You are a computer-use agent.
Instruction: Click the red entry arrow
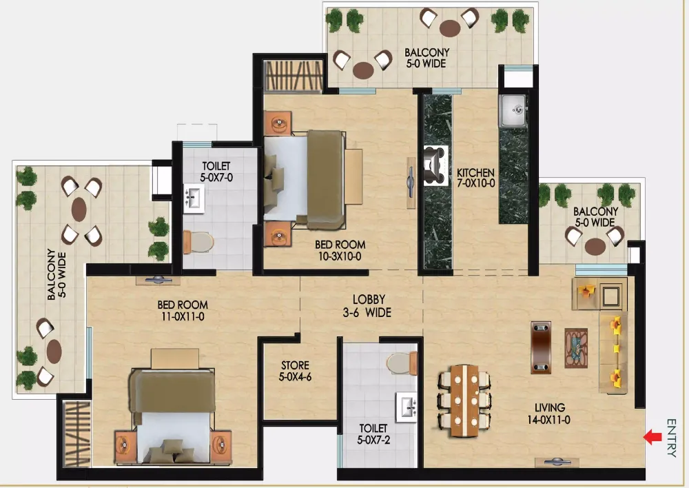pos(652,437)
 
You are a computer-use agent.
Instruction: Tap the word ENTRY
pos(671,438)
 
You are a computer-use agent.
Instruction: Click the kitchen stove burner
pos(436,165)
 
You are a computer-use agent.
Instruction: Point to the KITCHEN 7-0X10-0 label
pos(476,178)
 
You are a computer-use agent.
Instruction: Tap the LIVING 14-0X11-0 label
pos(549,414)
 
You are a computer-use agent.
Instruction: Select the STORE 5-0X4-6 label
pos(296,371)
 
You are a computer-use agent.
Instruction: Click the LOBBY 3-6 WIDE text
pos(368,306)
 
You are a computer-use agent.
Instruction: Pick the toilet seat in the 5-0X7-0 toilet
pos(198,242)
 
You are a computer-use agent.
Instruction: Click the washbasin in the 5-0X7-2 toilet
pos(407,407)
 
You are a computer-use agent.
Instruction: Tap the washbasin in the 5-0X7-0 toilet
pos(194,199)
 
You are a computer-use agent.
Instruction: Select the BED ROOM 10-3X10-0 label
pos(340,250)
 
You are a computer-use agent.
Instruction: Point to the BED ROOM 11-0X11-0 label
pos(183,310)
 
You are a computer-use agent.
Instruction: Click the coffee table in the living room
pos(576,348)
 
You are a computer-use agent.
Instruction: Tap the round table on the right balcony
pos(595,246)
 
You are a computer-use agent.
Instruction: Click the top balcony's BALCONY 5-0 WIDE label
pos(426,58)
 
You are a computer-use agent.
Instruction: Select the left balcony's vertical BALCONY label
pos(56,274)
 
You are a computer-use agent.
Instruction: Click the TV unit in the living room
pos(541,347)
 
